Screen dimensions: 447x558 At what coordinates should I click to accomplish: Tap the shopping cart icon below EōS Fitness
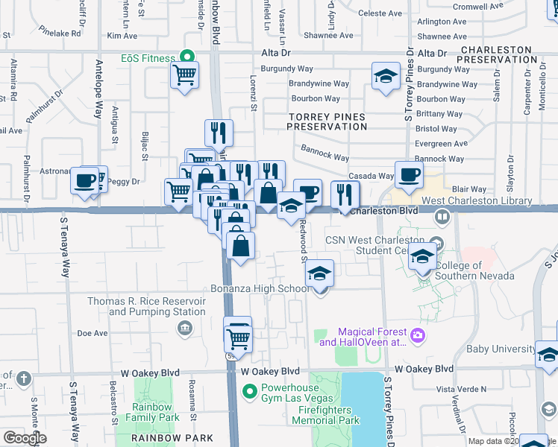[184, 74]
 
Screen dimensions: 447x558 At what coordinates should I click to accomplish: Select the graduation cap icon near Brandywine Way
[386, 77]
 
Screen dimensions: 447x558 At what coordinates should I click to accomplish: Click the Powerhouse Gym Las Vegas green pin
[251, 389]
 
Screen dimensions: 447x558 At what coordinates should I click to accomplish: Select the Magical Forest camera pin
[418, 336]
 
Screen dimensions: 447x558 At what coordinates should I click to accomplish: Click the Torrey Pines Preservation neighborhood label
[327, 122]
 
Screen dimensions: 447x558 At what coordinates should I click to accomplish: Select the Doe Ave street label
[93, 334]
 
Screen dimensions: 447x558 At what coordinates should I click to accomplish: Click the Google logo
[25, 438]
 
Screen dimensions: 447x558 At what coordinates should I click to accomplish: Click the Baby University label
[499, 349]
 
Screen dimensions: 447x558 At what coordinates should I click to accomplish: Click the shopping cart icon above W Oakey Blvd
[238, 338]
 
